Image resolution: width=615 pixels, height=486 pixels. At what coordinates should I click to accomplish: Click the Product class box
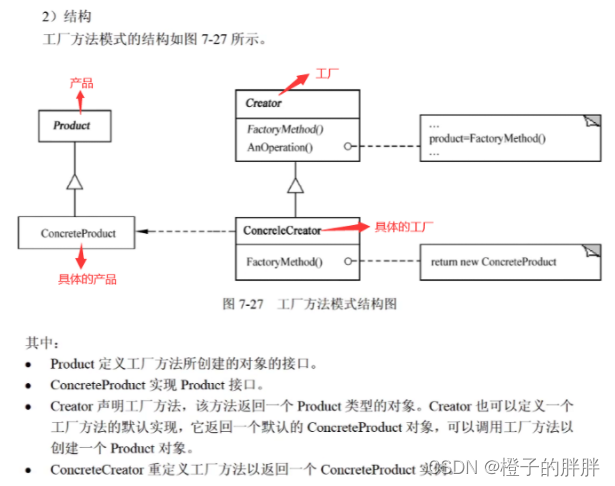pos(71,126)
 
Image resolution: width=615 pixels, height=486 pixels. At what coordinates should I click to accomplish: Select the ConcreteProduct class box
pos(78,233)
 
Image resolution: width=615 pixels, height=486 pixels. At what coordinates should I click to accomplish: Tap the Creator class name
pos(264,103)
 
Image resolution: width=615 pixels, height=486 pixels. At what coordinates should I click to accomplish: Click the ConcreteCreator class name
pos(282,230)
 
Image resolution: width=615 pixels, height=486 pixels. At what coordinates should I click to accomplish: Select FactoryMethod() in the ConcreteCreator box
pos(284,262)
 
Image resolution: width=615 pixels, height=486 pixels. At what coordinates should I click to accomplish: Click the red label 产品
pos(81,83)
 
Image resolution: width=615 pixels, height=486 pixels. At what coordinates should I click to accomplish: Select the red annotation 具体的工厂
pos(399,227)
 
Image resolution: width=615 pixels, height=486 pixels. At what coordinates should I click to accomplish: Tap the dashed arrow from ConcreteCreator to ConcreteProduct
pos(186,232)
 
